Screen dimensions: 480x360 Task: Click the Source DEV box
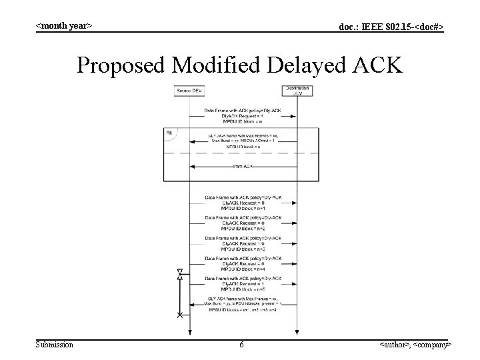click(x=189, y=91)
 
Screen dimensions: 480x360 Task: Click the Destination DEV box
click(x=296, y=91)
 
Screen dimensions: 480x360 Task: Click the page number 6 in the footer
click(x=241, y=345)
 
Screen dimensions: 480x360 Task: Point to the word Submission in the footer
click(x=55, y=345)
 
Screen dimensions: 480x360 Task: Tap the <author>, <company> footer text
click(x=415, y=345)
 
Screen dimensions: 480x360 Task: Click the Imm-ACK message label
click(x=243, y=166)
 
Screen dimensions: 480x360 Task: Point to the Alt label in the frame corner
click(x=169, y=133)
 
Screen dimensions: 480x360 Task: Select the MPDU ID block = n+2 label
click(x=243, y=228)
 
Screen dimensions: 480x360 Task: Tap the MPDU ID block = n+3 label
click(x=243, y=249)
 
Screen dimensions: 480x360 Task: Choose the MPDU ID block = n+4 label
click(x=243, y=269)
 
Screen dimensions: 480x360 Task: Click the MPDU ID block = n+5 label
click(x=243, y=289)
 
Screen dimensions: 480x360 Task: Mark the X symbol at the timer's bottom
click(x=179, y=315)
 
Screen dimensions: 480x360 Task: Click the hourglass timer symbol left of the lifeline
click(x=179, y=274)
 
